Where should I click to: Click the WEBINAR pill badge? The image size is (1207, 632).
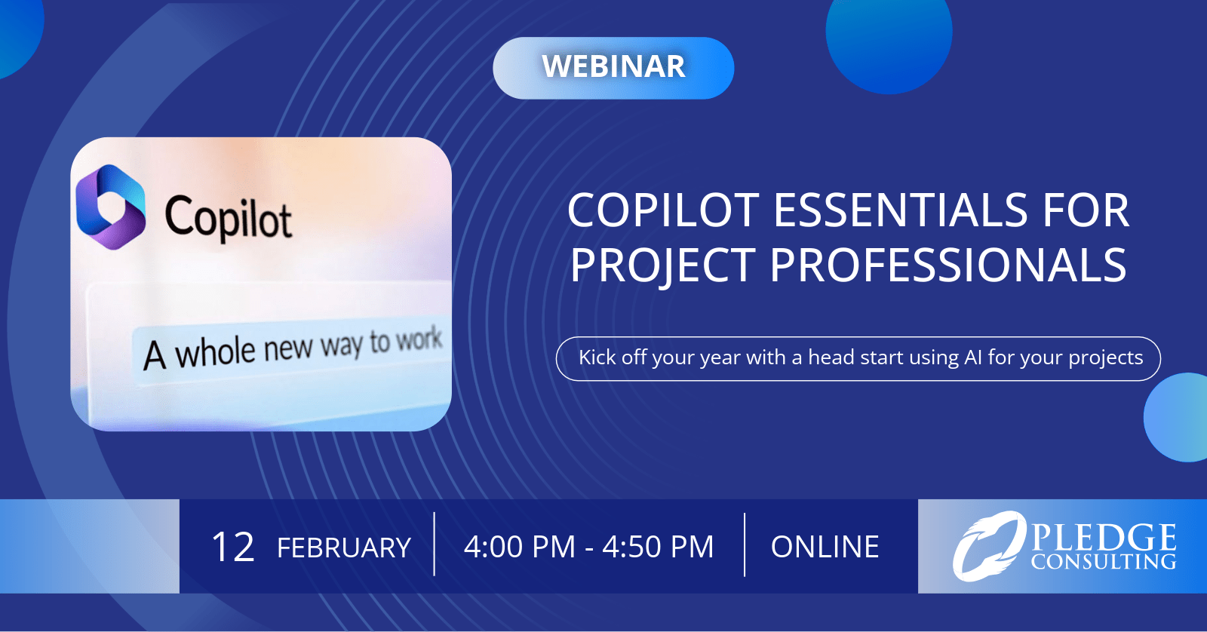[613, 68]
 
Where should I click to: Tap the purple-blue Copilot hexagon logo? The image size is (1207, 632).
[110, 207]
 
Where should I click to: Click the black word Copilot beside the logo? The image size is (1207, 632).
[229, 217]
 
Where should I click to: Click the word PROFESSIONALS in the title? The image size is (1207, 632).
[947, 265]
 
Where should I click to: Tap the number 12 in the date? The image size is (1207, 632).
[232, 547]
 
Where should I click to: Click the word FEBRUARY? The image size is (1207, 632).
[344, 548]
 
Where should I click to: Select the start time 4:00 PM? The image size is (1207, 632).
[520, 546]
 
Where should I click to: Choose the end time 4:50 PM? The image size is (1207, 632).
[658, 546]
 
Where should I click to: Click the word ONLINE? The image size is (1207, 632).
[825, 546]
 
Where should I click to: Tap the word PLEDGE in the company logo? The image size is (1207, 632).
[1104, 538]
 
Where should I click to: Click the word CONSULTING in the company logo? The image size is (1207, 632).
[1104, 562]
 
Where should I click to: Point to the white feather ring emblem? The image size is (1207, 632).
[989, 546]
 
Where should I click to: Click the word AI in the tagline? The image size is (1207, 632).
[973, 357]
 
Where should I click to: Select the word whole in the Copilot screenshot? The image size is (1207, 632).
[215, 353]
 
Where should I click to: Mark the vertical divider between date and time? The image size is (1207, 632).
[435, 545]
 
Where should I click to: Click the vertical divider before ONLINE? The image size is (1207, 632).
[745, 545]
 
